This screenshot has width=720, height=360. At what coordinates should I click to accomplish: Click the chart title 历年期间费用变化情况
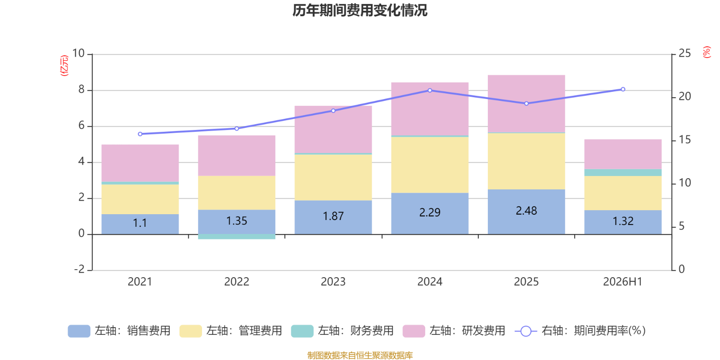[x=360, y=10]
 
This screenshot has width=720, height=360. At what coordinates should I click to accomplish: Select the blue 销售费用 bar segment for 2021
[x=140, y=224]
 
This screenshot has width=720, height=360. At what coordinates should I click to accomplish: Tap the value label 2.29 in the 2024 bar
[x=430, y=212]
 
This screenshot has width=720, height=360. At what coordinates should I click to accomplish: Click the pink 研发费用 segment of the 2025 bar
[x=526, y=103]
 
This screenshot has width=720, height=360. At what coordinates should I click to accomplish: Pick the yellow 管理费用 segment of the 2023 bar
[x=333, y=177]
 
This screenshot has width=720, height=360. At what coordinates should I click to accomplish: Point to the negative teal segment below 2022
[x=237, y=237]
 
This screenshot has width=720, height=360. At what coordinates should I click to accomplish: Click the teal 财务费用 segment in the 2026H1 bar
[x=623, y=172]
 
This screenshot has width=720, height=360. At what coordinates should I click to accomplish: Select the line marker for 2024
[x=430, y=90]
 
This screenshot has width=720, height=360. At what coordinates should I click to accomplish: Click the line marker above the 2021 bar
[x=140, y=134]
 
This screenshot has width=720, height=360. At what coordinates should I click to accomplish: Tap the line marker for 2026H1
[x=623, y=90]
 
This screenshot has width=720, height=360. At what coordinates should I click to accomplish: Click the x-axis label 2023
[x=333, y=282]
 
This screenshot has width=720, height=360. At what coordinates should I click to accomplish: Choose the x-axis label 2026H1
[x=623, y=282]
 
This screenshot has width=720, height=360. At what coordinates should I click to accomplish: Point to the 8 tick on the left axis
[x=81, y=90]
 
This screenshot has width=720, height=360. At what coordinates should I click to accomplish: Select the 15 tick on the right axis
[x=684, y=140]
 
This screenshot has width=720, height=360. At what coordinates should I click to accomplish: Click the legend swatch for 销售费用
[x=79, y=331]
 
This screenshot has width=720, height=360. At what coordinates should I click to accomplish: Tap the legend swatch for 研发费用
[x=414, y=331]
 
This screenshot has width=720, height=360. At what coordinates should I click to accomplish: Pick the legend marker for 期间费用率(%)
[x=526, y=331]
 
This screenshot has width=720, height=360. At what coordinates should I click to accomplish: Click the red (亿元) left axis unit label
[x=64, y=66]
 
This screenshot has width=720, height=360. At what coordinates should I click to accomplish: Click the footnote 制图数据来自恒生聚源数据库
[x=360, y=355]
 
